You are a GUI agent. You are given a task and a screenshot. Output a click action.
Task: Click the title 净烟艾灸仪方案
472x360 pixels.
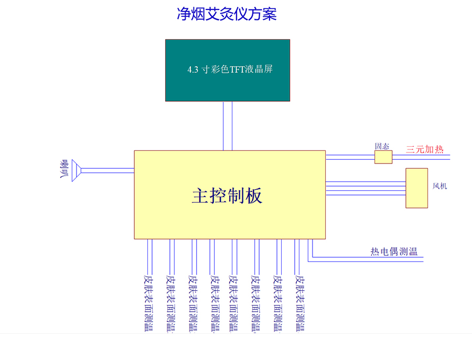[x=227, y=14]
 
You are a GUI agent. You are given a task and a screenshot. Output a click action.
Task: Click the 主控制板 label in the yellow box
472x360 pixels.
[x=227, y=195]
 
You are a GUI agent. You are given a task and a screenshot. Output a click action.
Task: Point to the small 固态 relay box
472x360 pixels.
[x=383, y=157]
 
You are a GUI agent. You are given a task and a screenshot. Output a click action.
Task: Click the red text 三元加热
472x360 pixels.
[x=424, y=149]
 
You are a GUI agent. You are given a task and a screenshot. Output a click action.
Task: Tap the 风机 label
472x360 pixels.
[x=439, y=186]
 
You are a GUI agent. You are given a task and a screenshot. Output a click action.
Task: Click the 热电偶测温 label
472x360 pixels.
[x=394, y=252]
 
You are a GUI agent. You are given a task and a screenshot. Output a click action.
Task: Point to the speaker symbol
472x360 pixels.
[x=74, y=170]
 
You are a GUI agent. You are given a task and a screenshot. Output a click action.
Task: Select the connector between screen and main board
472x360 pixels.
[x=227, y=126]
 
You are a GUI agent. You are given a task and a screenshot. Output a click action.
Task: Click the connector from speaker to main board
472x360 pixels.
[x=108, y=170]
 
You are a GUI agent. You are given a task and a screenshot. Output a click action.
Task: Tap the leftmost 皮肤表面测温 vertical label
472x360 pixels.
[x=149, y=303]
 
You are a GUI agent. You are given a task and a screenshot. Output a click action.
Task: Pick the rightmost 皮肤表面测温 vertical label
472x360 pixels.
[x=300, y=303]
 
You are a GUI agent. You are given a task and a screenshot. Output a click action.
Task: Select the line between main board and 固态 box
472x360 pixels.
[x=350, y=157]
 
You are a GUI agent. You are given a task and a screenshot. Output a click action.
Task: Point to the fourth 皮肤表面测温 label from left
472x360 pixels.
[x=213, y=303]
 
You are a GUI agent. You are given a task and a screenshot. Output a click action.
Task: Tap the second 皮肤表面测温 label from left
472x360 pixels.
[x=170, y=303]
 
